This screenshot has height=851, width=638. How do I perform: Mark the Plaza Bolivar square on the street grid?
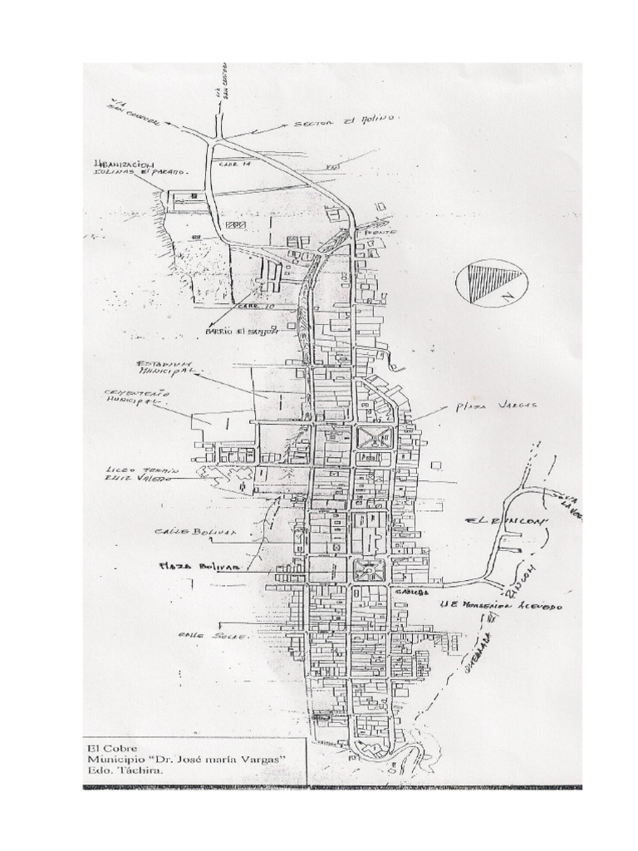(x=366, y=570)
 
